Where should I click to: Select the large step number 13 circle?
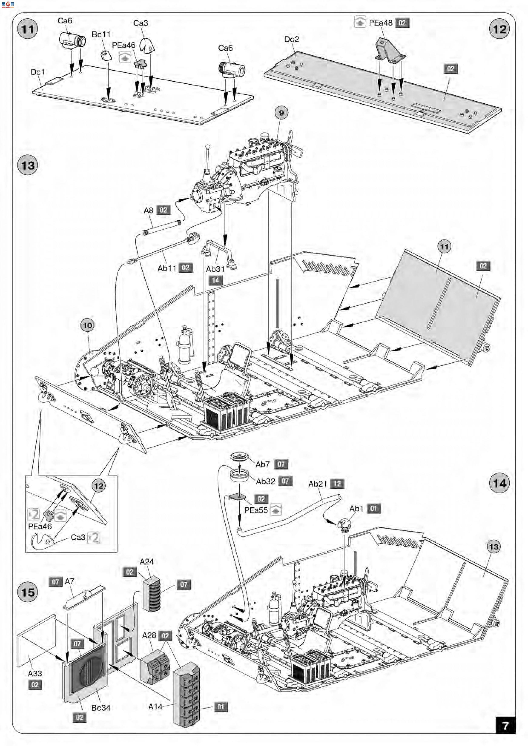[28, 165]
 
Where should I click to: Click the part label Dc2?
[291, 39]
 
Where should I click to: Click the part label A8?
[148, 210]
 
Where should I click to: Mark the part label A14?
[155, 706]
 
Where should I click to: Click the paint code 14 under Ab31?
[215, 280]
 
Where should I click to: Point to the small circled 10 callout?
[88, 325]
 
